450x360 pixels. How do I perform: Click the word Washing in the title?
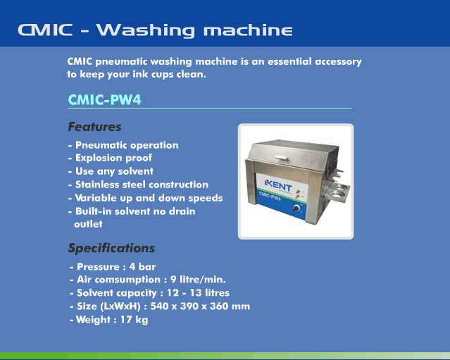click(x=146, y=30)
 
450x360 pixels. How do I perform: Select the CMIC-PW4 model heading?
click(x=104, y=100)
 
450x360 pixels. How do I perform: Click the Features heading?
click(x=94, y=127)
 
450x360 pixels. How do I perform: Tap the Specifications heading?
click(x=111, y=248)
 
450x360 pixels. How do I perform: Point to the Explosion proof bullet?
click(x=113, y=159)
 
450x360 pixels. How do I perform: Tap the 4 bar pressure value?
click(x=143, y=267)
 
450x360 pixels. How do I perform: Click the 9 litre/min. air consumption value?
click(x=198, y=280)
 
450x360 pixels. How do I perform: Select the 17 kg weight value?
click(x=134, y=320)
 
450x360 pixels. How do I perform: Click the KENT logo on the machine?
click(x=278, y=186)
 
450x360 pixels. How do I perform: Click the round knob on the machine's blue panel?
click(x=296, y=208)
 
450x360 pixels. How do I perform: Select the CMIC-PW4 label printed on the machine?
click(x=270, y=197)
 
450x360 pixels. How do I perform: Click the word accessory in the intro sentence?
click(x=338, y=62)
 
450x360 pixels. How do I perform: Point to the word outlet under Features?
click(x=88, y=224)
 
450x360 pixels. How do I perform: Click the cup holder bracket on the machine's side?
click(x=336, y=192)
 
